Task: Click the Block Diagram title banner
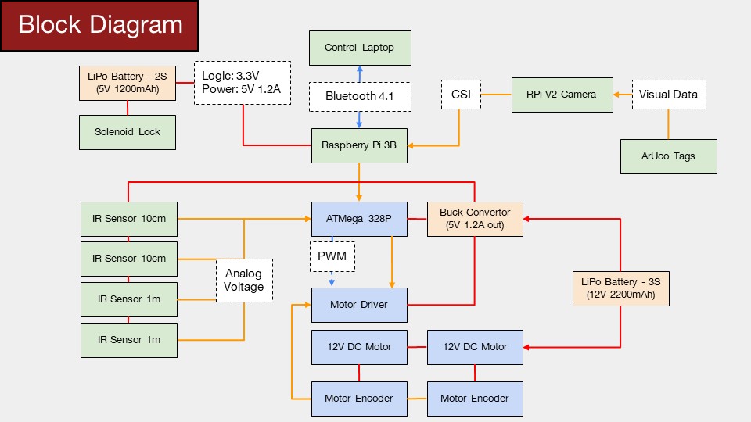[99, 26]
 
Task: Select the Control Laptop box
[360, 48]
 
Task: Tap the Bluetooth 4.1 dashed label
[360, 97]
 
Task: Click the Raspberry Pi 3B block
[359, 145]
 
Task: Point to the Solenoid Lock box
[128, 132]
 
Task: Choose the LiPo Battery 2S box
[128, 83]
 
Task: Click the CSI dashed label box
[461, 95]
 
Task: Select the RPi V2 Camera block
[562, 95]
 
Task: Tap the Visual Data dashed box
[669, 95]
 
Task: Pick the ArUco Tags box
[669, 156]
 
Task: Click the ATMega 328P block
[359, 219]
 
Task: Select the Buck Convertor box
[475, 219]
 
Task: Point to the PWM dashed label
[332, 256]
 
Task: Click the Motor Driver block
[359, 305]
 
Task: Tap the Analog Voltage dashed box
[244, 281]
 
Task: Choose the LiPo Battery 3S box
[621, 288]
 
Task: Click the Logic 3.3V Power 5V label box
[243, 83]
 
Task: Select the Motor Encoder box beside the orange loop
[359, 399]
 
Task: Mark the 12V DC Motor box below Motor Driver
[359, 347]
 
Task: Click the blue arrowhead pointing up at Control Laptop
[360, 69]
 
